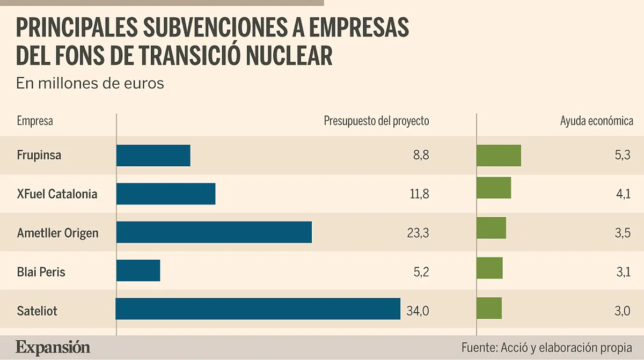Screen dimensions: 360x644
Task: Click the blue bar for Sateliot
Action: [x=258, y=309]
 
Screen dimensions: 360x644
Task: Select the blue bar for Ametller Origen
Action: [x=214, y=232]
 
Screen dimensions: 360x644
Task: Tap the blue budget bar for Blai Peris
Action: [x=138, y=270]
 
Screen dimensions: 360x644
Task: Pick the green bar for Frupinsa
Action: [x=499, y=156]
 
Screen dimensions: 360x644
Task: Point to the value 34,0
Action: [x=418, y=310]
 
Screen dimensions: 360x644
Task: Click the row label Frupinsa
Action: [x=39, y=156]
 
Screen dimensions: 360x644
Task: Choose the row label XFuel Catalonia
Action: [x=57, y=194]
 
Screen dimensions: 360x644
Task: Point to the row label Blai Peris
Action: [x=41, y=271]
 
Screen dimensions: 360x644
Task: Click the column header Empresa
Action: [x=35, y=121]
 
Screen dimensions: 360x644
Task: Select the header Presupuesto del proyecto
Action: [x=376, y=121]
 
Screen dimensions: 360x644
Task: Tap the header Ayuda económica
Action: [x=596, y=121]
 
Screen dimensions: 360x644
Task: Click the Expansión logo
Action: [x=53, y=347]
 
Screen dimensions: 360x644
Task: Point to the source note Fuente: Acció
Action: [x=546, y=347]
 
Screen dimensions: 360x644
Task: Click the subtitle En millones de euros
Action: [x=90, y=84]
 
